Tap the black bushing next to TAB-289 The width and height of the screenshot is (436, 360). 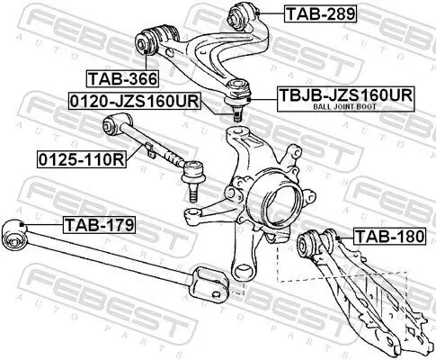pyautogui.click(x=245, y=15)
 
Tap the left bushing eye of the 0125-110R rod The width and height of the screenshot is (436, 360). pyautogui.click(x=112, y=123)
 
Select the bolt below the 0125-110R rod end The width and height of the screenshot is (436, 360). pyautogui.click(x=191, y=186)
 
